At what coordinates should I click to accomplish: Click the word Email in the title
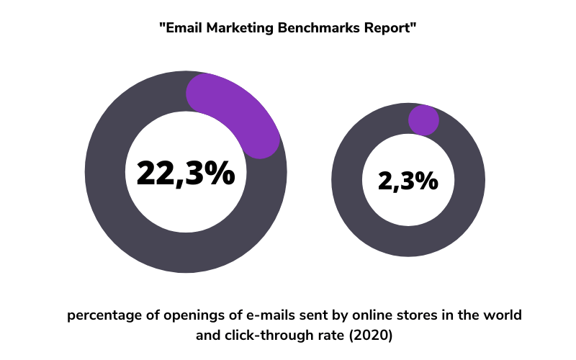pos(184,28)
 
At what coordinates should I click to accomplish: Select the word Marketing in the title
pos(240,28)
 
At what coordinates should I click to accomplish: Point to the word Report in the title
pos(387,28)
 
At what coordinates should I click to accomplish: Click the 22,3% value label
pos(186,173)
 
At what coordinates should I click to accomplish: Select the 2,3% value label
pos(408,181)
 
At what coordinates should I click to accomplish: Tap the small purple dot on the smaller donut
pos(423,120)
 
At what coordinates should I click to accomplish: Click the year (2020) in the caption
pos(370,336)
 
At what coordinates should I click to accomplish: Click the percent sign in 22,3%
pos(220,173)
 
